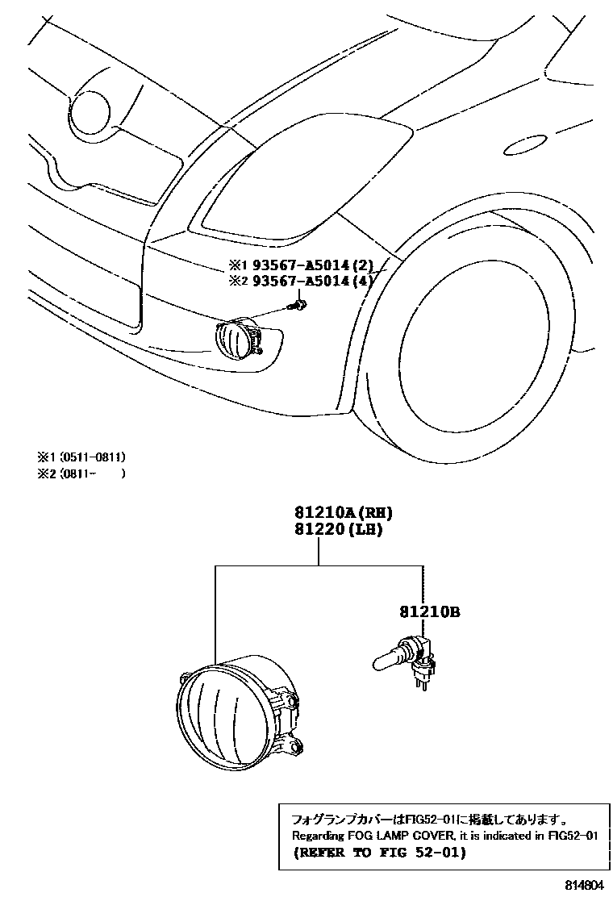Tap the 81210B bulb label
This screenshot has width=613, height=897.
(428, 614)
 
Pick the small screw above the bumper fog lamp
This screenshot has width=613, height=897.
(299, 305)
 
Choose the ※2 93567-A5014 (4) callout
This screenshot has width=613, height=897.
(303, 280)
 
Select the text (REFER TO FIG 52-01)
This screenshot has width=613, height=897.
(379, 852)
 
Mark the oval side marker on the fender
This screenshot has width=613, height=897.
(529, 146)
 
